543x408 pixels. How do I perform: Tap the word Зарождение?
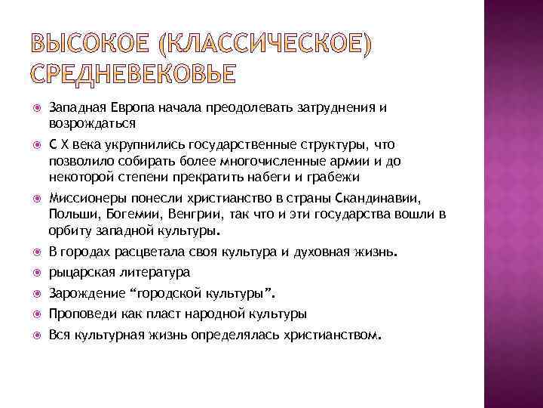81,292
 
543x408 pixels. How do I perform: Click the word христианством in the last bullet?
333,333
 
